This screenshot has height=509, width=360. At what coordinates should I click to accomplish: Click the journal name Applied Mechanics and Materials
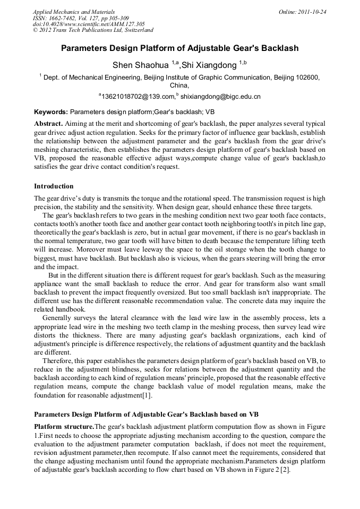73,12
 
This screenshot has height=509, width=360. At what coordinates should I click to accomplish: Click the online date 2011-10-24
312,12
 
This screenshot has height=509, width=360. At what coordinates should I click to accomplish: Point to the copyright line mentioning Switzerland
92,30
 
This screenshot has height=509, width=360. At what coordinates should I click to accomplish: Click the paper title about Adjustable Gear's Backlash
179,48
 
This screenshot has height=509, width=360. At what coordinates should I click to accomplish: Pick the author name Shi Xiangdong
209,65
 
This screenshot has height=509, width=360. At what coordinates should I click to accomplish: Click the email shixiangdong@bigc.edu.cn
220,97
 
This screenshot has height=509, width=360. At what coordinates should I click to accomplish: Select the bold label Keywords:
51,113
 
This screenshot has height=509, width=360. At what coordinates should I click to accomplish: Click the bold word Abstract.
48,123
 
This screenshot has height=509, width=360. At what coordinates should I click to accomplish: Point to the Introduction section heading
54,186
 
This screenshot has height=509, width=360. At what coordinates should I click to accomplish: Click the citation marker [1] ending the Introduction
147,394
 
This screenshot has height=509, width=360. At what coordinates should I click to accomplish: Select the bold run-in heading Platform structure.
64,427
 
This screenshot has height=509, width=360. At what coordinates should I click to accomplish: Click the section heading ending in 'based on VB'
146,414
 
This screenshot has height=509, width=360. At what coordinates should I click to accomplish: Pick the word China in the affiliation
179,85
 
